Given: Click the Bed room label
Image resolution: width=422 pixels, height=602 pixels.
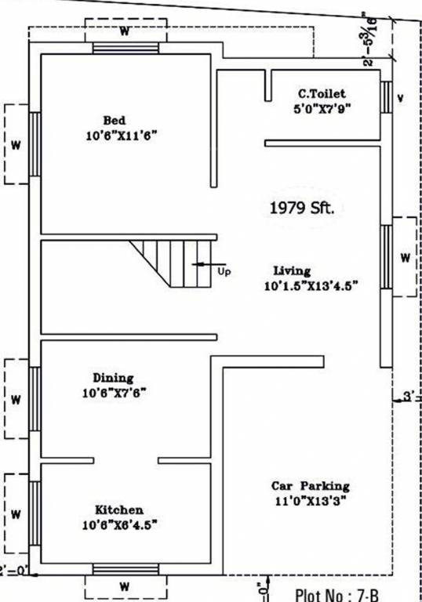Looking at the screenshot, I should (115, 121).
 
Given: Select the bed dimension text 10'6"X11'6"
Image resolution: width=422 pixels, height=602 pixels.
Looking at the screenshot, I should (122, 136).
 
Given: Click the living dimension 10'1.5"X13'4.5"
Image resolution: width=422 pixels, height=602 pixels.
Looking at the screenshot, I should (311, 286).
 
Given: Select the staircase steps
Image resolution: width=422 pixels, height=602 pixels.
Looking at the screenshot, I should (173, 263).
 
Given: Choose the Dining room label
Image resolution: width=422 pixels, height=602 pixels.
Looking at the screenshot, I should (113, 378).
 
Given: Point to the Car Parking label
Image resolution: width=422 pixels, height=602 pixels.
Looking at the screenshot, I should (311, 485).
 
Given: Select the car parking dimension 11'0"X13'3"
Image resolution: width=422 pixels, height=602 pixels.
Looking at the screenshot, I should (311, 500).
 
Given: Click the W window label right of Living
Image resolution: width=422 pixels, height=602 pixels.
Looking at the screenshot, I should (405, 257).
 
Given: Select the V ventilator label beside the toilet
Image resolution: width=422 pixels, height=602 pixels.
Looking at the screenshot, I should (401, 99).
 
